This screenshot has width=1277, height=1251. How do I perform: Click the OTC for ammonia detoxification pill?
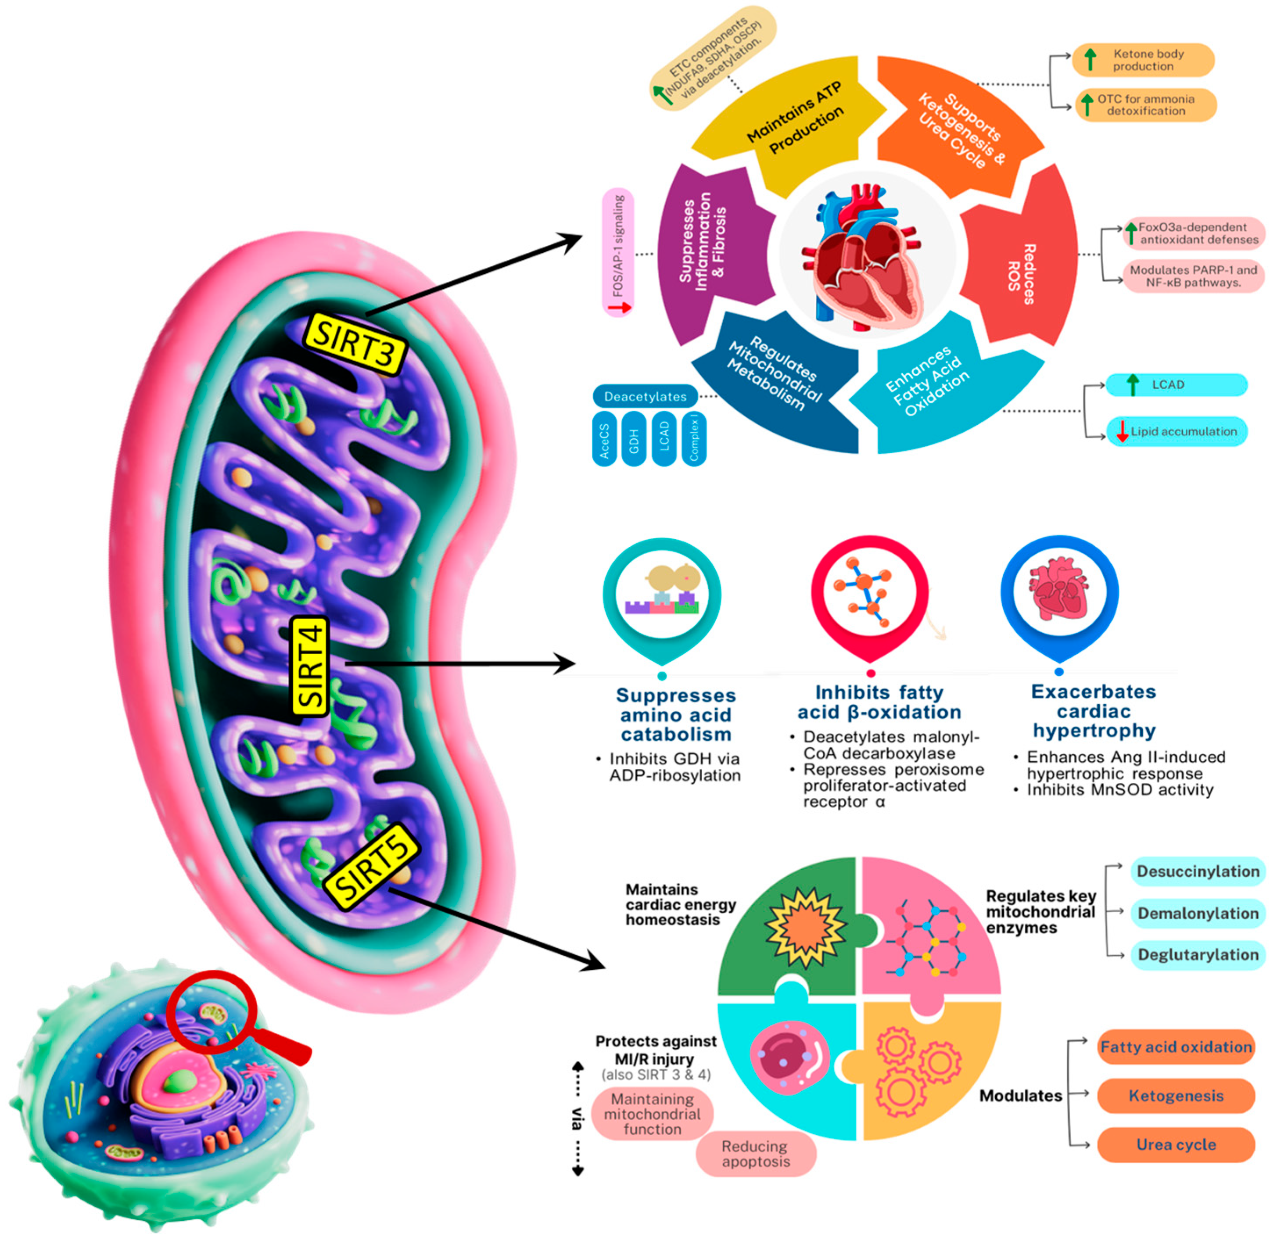[x=1145, y=104]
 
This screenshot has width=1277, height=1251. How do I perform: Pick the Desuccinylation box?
[x=1198, y=871]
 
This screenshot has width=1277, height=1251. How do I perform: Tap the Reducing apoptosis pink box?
[x=755, y=1153]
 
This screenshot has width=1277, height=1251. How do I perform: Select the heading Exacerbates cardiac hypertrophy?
[x=1093, y=710]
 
